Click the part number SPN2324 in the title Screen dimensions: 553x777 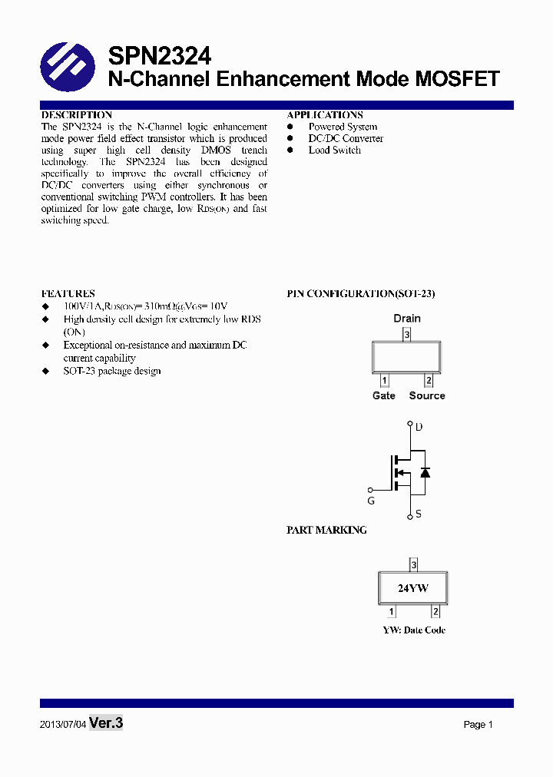[159, 55]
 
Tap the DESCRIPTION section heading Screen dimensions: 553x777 [77, 115]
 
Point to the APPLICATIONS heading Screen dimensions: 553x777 [325, 115]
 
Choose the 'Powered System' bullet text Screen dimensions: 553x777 [343, 127]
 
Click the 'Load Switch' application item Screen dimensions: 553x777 [334, 150]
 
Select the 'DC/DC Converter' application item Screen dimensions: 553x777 [346, 138]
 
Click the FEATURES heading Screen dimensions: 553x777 [68, 293]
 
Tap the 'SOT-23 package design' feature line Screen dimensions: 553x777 [112, 371]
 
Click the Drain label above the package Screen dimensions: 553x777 [407, 318]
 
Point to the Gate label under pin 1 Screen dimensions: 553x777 [384, 395]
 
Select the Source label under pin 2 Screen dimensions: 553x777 [427, 395]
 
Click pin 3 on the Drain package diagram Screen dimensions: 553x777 [407, 334]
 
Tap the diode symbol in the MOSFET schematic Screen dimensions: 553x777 [425, 471]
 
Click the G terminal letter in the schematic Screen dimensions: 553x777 [371, 501]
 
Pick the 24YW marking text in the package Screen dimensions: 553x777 [412, 589]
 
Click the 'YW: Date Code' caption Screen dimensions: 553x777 [414, 630]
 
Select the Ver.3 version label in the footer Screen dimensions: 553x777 [106, 722]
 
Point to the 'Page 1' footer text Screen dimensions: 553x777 [478, 725]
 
